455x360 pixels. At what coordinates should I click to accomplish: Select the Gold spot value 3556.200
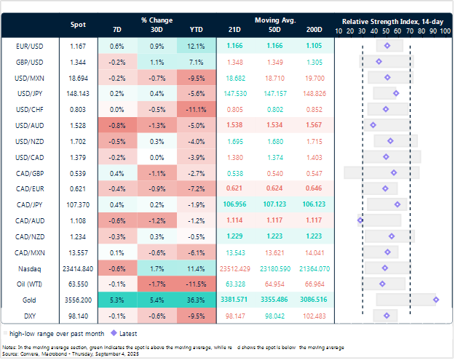click(78, 299)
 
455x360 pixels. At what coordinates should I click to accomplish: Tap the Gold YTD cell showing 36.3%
click(196, 299)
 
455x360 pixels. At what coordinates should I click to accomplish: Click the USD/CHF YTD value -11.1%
click(196, 109)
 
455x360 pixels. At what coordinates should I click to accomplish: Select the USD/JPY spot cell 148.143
click(78, 93)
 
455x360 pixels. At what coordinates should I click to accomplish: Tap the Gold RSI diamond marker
click(435, 299)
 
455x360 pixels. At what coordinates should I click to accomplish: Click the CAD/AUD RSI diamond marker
click(360, 220)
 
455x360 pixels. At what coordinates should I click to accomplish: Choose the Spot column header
click(78, 24)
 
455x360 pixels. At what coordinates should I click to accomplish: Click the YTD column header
click(196, 30)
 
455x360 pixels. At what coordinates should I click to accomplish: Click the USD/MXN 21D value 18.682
click(236, 77)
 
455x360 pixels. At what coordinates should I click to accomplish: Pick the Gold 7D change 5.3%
click(116, 299)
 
